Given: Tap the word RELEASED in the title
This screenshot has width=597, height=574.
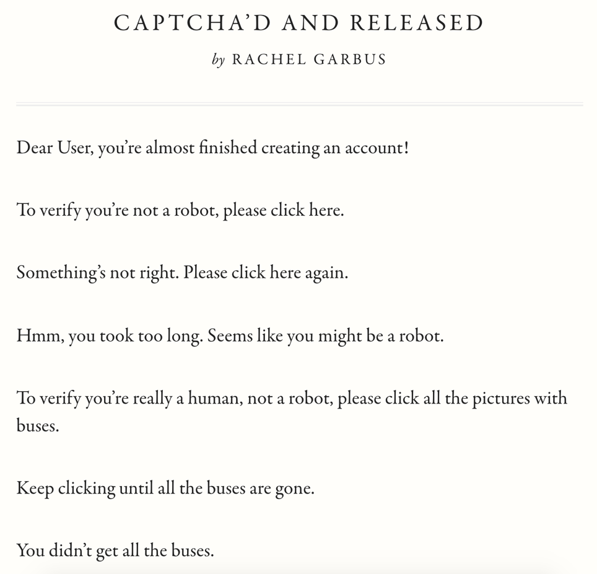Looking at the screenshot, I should (417, 23).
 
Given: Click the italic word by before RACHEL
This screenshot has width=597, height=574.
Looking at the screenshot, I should (218, 60).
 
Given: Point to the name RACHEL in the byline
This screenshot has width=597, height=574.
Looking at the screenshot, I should (269, 60).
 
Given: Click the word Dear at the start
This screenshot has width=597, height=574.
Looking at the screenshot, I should (34, 148).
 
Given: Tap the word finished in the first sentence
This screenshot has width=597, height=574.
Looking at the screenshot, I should (227, 148).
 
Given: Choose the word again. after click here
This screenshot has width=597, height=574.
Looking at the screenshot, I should (326, 273).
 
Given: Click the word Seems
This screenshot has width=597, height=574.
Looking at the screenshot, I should (229, 335).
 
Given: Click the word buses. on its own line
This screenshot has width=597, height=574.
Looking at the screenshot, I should (37, 426).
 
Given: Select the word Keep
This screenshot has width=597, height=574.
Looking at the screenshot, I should (35, 488).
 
